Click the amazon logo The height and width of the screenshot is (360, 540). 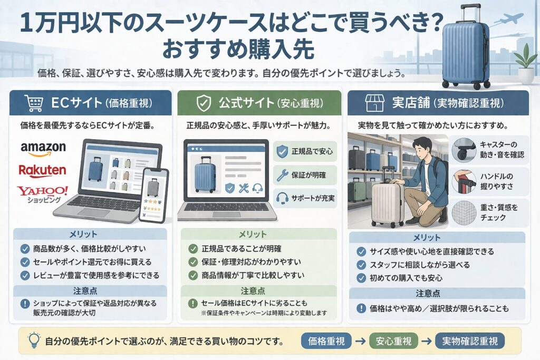coord(43,148)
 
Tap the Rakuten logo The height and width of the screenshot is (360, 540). coord(42,170)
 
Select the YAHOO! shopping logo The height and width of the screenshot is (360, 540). coord(42,194)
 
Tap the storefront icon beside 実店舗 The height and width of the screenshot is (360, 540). coord(375,102)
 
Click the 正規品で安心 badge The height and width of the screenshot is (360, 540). coord(305,152)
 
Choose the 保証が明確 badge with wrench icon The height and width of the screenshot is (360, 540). coord(305,175)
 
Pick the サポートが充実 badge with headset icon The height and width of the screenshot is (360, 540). coord(305,198)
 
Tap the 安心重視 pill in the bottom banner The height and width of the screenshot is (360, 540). coord(393,341)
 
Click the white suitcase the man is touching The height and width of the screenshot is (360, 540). coord(388,203)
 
